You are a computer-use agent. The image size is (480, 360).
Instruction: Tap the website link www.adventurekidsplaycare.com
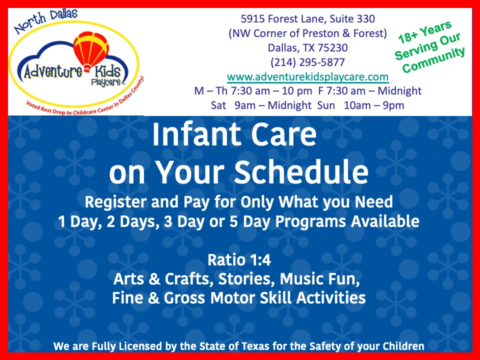click(x=307, y=77)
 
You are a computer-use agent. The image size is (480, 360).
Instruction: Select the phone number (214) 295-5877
click(x=307, y=62)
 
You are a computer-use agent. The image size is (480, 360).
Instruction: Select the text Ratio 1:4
click(x=238, y=260)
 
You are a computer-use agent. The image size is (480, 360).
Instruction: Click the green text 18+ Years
click(x=425, y=32)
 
